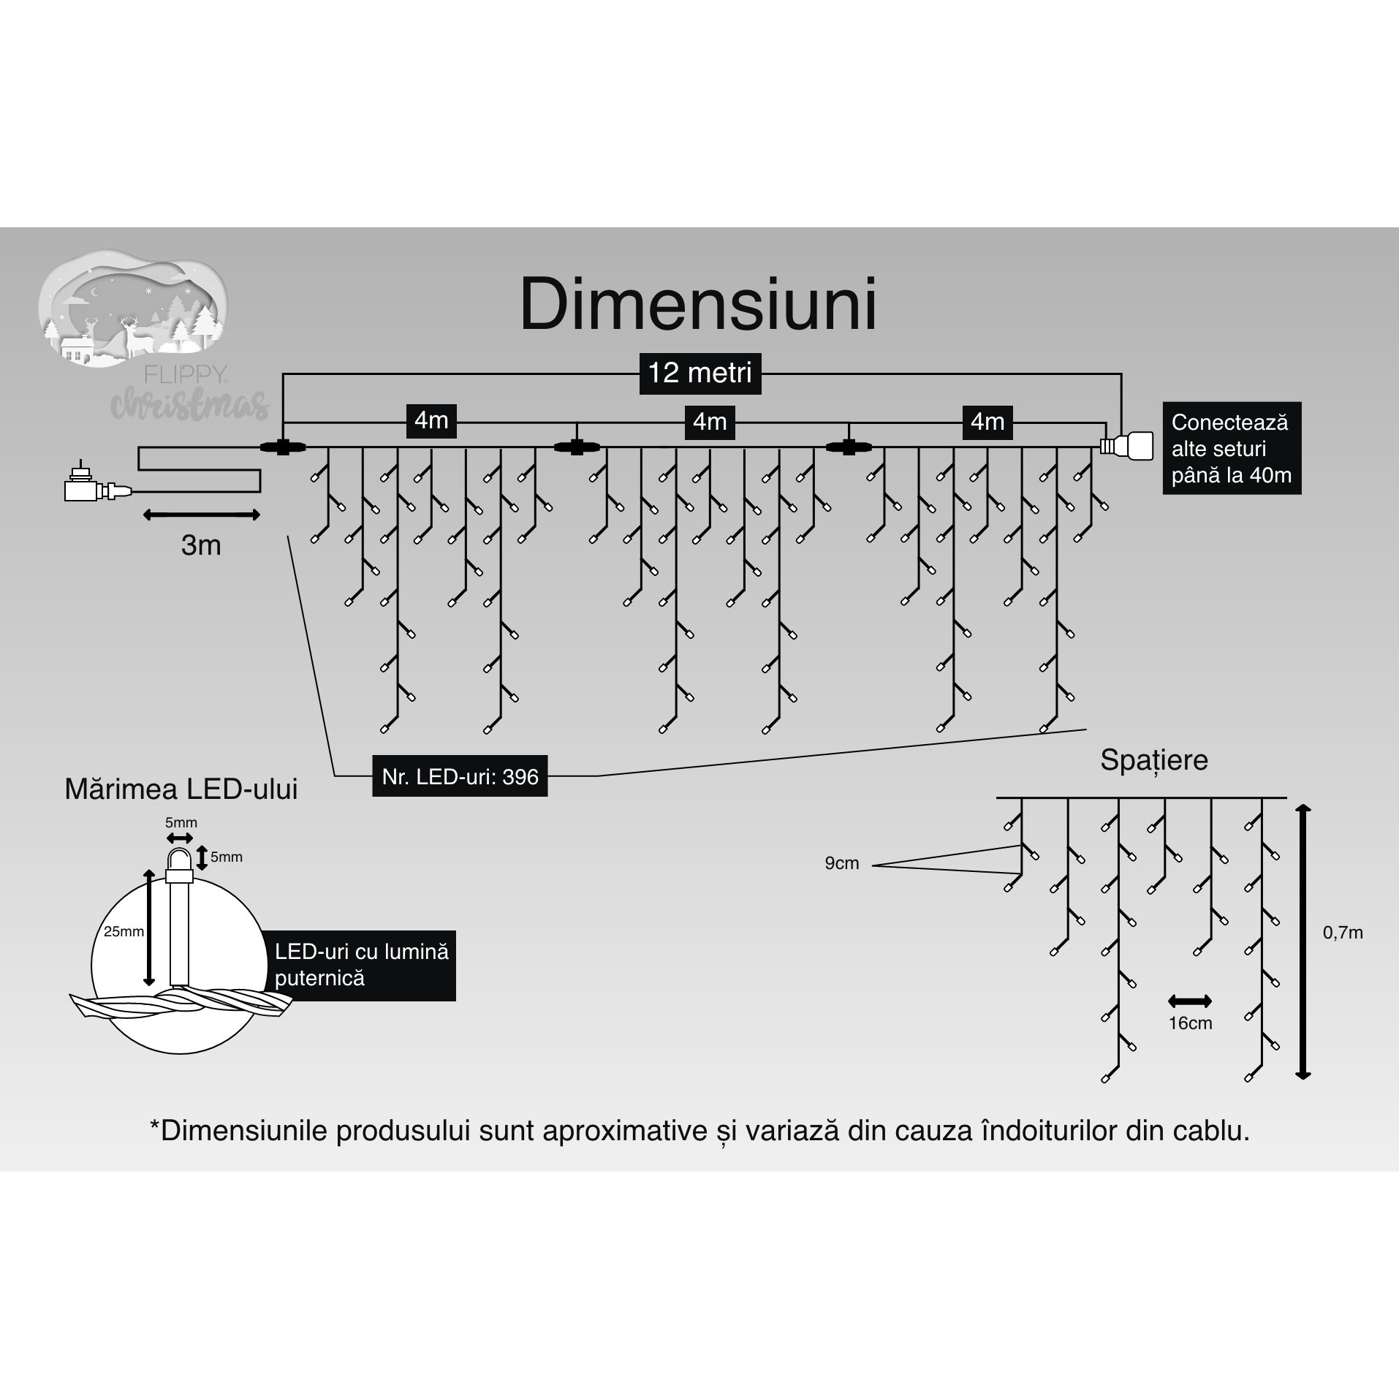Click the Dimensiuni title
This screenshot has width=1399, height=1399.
coord(698,305)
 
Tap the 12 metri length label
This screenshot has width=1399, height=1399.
coord(699,374)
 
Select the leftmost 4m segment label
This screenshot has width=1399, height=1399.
coord(431,421)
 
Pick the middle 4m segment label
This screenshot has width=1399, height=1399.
coord(709,422)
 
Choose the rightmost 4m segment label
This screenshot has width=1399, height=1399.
coord(987,422)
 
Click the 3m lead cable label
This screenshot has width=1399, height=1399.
coord(201,545)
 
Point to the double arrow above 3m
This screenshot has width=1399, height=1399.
coord(201,515)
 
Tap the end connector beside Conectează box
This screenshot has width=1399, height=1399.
coord(1127,446)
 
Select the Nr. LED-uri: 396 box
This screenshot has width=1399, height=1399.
coord(460,776)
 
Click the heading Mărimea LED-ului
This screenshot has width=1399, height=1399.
coord(181,790)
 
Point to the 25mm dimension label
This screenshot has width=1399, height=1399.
coord(124,932)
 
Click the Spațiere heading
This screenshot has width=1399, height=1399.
coord(1154,760)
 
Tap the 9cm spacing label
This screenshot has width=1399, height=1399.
coord(841,863)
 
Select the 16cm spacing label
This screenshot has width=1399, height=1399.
coord(1190,1023)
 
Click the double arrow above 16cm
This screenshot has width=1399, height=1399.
coord(1190,1001)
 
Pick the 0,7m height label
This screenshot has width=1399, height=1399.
coord(1343,933)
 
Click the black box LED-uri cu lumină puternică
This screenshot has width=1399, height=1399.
coord(361,965)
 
